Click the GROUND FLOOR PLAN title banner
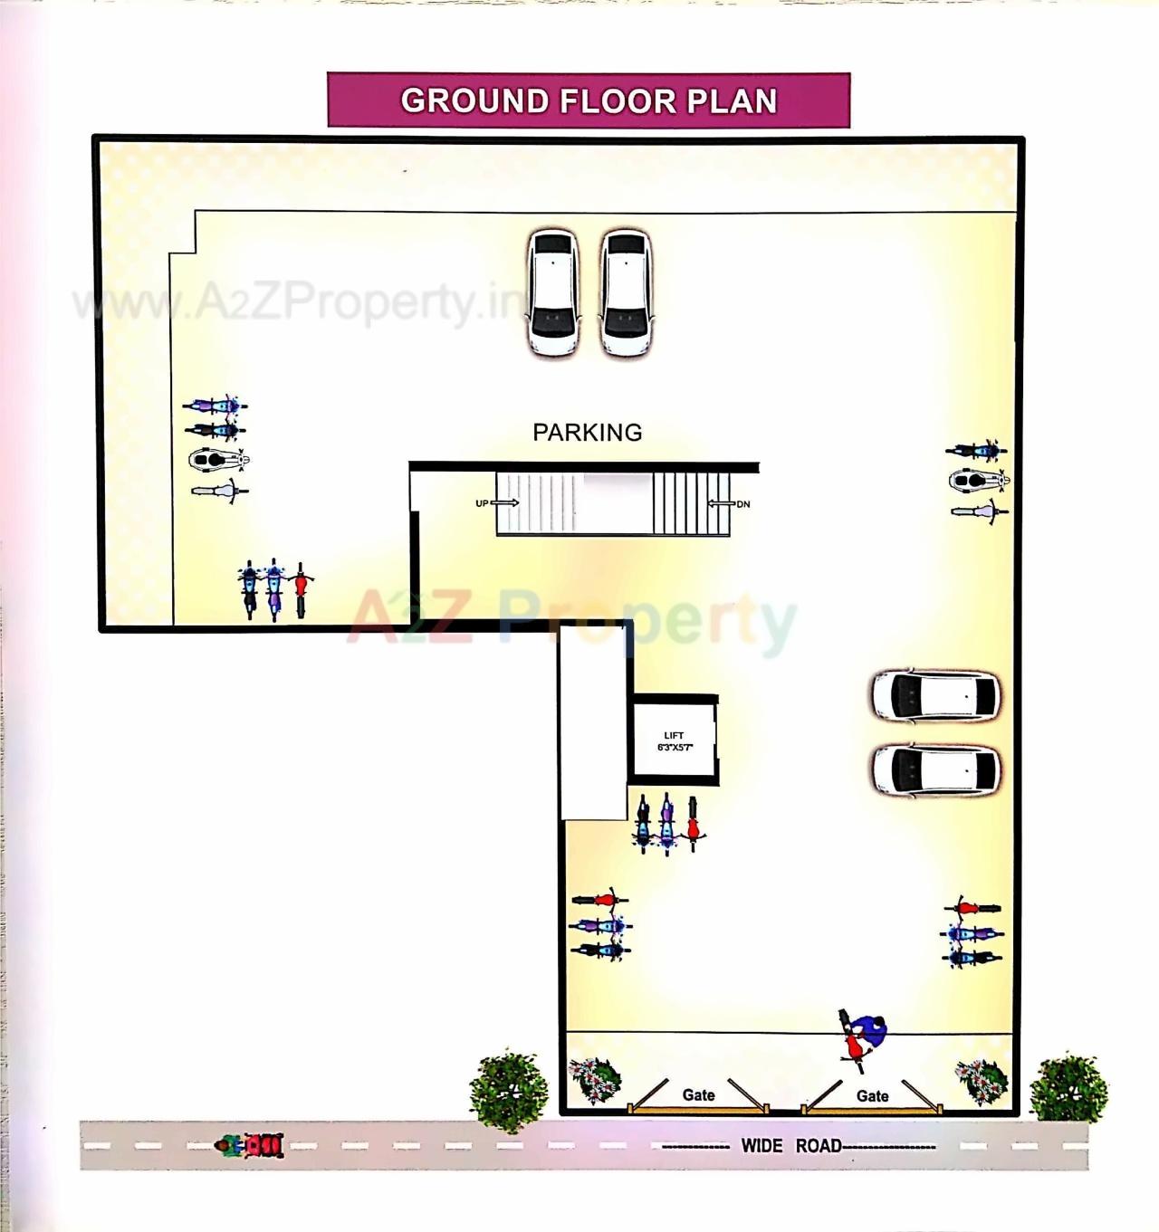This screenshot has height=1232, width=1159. pyautogui.click(x=589, y=100)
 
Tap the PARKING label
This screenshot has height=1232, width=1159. pyautogui.click(x=587, y=433)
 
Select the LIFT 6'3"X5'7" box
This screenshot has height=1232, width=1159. pyautogui.click(x=675, y=741)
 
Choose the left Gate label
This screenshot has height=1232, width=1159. pyautogui.click(x=698, y=1095)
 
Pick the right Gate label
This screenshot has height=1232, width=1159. pyautogui.click(x=872, y=1096)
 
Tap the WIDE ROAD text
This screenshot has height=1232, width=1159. pyautogui.click(x=791, y=1146)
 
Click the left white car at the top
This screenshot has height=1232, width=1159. pyautogui.click(x=552, y=292)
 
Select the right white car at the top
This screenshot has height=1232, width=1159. pyautogui.click(x=626, y=292)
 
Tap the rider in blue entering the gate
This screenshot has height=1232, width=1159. pyautogui.click(x=866, y=1034)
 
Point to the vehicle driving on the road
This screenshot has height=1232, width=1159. pyautogui.click(x=250, y=1146)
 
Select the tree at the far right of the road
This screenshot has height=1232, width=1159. pyautogui.click(x=1068, y=1088)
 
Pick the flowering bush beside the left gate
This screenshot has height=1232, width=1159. pyautogui.click(x=595, y=1080)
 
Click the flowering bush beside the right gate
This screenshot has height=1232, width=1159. pyautogui.click(x=982, y=1080)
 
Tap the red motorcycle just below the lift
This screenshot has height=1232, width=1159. pyautogui.click(x=693, y=822)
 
